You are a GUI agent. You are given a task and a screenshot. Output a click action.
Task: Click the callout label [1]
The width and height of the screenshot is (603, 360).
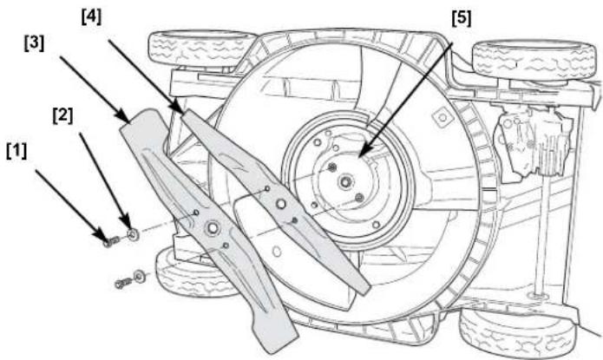coord(17,152)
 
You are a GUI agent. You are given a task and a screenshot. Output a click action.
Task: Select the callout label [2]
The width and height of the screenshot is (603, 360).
coord(62,115)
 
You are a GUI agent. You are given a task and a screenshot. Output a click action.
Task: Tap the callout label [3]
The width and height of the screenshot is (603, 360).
coord(34,43)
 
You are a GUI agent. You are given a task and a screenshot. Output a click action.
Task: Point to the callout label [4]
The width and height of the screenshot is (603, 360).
coord(91,17)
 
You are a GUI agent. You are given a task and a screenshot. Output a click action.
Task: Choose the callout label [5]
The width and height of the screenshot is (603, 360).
coord(461,18)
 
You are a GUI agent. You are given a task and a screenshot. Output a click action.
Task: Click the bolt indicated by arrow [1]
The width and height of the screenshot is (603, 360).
coord(111,242)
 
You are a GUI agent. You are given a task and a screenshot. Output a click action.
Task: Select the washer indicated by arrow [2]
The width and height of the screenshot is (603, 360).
coord(133,234)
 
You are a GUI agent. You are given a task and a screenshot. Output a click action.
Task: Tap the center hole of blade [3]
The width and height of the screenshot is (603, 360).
coord(212,228)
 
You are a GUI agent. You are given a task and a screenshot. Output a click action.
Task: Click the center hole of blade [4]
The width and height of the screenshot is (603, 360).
coord(281,204)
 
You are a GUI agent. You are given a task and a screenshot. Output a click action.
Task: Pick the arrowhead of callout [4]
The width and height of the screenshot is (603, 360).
coord(179,108)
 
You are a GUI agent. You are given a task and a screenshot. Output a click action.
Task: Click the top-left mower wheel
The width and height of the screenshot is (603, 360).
coord(200,48)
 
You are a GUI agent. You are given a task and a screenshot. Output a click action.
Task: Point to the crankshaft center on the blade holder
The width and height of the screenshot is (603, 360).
coord(345,181)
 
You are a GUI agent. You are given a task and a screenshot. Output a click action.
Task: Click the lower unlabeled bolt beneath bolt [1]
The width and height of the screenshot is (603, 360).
coord(122,284)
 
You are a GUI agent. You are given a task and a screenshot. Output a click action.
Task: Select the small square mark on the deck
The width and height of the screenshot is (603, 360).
coord(442,117)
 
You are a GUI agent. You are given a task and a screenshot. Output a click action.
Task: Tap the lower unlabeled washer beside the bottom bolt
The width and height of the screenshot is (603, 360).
coord(139,276)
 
